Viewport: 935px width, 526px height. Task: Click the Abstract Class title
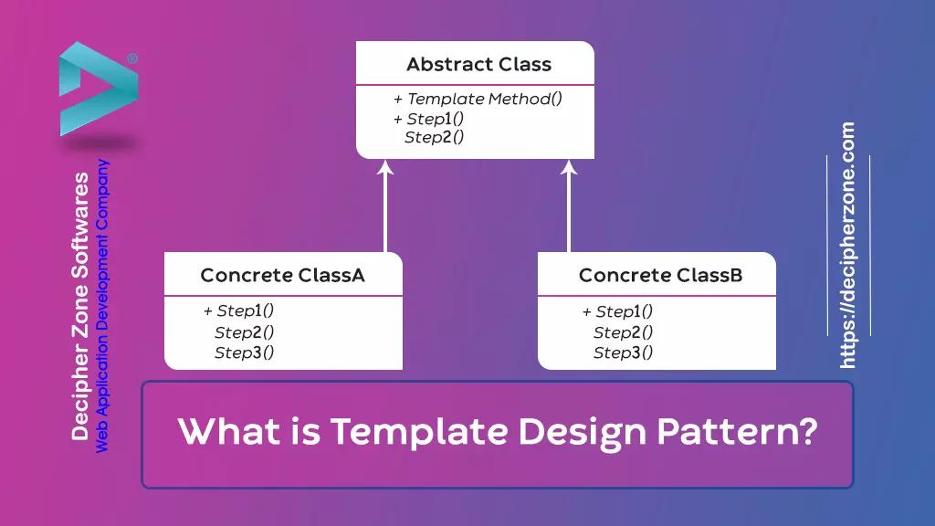pos(478,65)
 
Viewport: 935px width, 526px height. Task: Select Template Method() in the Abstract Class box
pos(484,100)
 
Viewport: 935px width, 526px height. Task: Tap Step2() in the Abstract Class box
pos(435,138)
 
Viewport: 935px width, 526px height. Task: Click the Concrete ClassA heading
pos(282,275)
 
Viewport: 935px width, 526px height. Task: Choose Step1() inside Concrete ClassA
pos(246,311)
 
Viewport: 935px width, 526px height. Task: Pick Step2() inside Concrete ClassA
pos(244,332)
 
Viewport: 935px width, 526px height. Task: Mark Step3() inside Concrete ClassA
pos(244,352)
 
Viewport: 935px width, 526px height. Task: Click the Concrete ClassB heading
pos(660,275)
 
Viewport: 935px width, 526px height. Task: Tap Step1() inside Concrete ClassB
pos(625,311)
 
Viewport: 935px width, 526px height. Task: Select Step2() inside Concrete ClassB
pos(623,332)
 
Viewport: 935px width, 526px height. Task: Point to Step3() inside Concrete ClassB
pos(623,352)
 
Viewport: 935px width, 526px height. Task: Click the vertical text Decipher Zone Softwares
pos(80,306)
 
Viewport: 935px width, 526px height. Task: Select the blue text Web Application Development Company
pos(103,306)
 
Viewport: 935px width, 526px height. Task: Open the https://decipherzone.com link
pos(847,246)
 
